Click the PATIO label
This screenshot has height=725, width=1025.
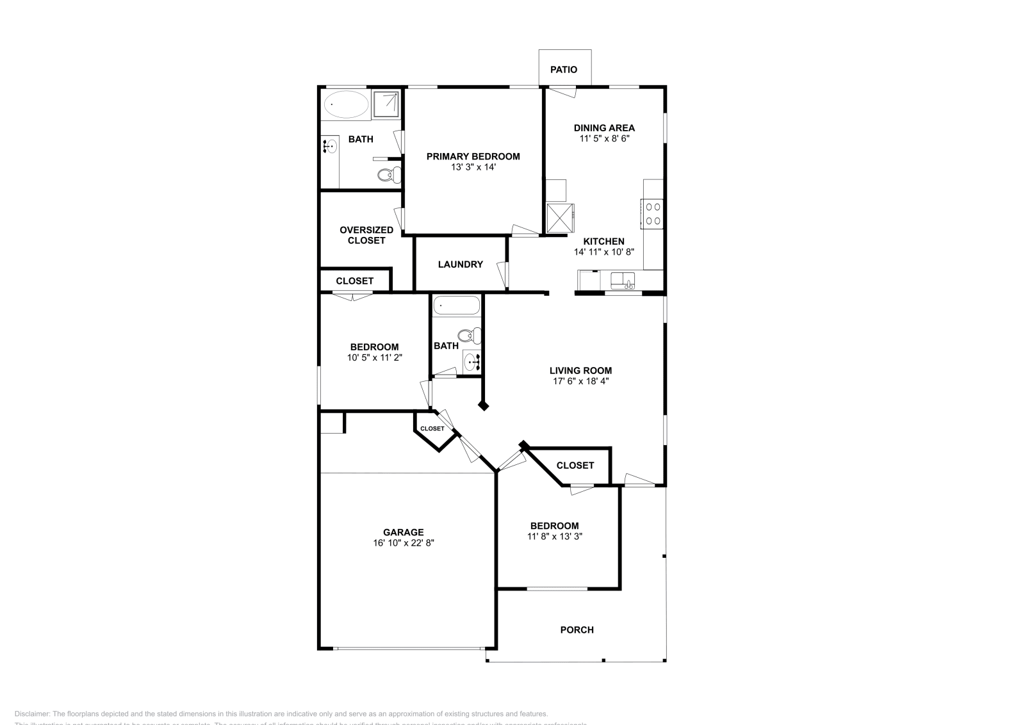coord(564,69)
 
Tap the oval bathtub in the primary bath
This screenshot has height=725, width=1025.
coord(346,104)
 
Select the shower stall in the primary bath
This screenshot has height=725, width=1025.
coord(386,104)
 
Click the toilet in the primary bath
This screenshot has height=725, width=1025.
coord(388,174)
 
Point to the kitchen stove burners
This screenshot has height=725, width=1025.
coord(653,214)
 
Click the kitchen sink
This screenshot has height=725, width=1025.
coord(622,280)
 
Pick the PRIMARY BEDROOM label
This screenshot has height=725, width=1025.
coord(473,156)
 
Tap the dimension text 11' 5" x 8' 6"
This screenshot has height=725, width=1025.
coord(604,138)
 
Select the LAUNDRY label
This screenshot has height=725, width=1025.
coord(460,265)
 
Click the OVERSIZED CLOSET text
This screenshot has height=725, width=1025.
coord(366,235)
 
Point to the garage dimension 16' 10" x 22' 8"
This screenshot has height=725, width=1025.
coord(404,543)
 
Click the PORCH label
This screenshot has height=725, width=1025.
coord(577,630)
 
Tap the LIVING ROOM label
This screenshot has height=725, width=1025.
coord(580,370)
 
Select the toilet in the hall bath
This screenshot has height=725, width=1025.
coord(470,334)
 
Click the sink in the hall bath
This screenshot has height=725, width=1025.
coord(473,362)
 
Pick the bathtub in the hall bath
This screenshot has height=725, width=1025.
coord(456,305)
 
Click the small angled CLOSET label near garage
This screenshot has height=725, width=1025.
coord(432,428)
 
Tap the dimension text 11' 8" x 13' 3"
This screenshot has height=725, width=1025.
coord(554,537)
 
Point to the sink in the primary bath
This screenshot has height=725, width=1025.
coord(329,147)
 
